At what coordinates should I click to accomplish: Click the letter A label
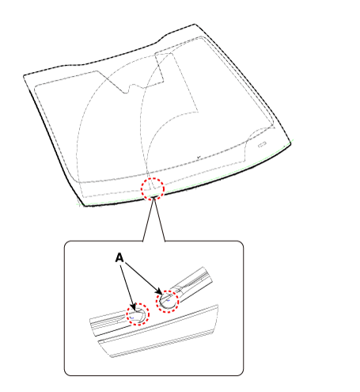[119, 257]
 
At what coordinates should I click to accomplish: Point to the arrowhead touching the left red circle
[134, 307]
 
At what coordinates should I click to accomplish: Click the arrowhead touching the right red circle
[159, 291]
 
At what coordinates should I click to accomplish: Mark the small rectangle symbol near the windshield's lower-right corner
[262, 144]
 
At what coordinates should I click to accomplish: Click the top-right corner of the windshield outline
[195, 24]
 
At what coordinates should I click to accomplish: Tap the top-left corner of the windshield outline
[24, 76]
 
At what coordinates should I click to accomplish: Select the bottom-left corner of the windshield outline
[85, 206]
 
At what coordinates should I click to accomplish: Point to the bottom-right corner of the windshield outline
[290, 143]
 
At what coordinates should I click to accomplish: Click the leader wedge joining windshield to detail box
[154, 219]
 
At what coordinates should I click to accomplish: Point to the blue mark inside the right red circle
[169, 300]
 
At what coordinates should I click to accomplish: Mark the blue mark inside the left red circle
[132, 318]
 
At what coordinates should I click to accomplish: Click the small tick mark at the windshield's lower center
[199, 157]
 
